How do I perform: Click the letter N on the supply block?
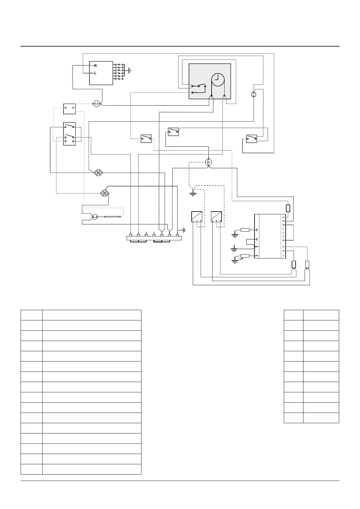coord(96,66)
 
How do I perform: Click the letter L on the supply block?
coord(95,73)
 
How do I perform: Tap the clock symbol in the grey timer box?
coord(218,80)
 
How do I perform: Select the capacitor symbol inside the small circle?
coord(97,104)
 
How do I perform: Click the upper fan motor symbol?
coord(98,173)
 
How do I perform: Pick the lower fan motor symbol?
coord(105,193)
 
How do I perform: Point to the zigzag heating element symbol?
coord(113,217)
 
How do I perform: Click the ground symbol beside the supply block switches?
coord(130,71)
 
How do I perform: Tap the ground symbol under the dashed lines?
coord(193,193)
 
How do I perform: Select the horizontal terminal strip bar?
coord(154,238)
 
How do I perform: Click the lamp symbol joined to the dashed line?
coord(208,162)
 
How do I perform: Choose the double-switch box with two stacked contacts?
coord(69,134)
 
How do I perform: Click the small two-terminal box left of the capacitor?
coord(69,109)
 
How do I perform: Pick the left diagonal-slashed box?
coord(196,216)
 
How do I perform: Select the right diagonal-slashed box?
coord(216,216)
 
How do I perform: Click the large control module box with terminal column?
coord(270,236)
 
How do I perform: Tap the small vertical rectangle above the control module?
coord(288,208)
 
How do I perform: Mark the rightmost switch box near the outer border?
coord(251,139)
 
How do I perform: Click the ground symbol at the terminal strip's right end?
coord(184,230)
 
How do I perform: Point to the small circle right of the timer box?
coord(254,95)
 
